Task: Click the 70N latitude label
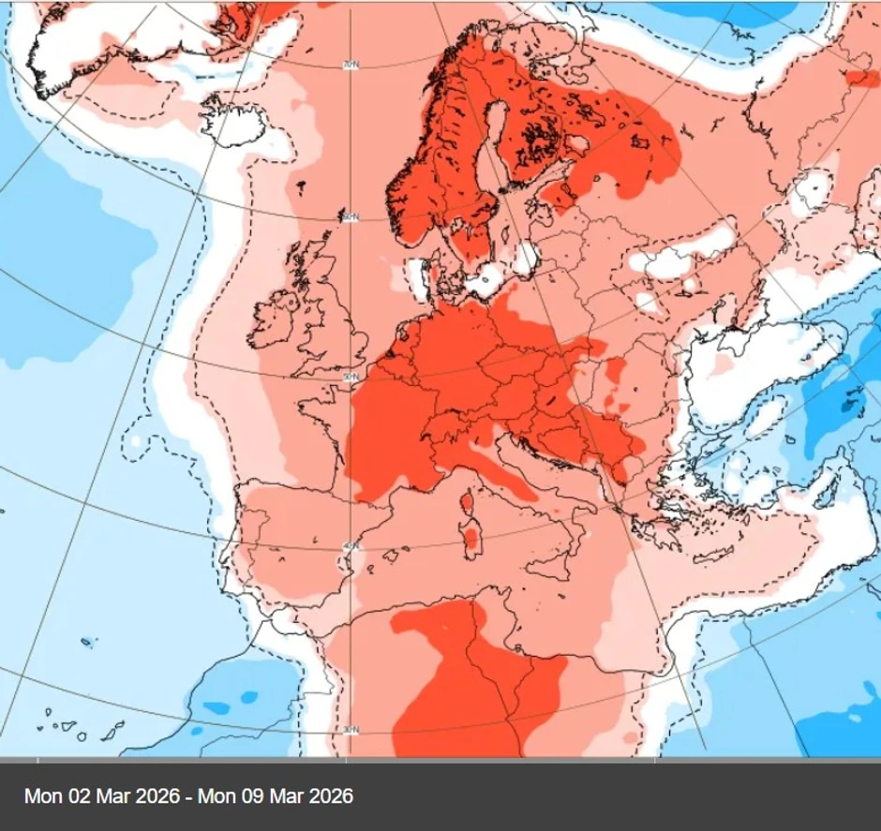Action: coord(351,65)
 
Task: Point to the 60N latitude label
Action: coord(351,217)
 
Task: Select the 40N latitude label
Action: coord(351,546)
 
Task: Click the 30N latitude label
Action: coord(351,730)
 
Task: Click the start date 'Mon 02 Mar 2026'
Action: coord(102,796)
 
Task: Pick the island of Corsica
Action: coord(466,505)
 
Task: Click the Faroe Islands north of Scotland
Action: coord(298,185)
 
